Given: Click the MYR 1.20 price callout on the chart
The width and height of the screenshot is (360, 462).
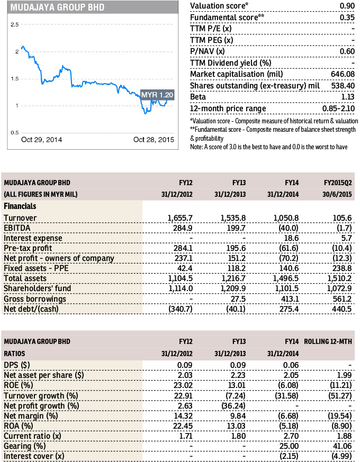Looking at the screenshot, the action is (x=157, y=95).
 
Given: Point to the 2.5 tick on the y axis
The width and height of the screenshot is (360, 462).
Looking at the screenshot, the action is (x=15, y=25).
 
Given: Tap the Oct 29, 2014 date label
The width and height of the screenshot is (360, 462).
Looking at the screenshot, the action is (x=42, y=140).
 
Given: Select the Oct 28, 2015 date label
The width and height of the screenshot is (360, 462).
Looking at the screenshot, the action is (x=154, y=140).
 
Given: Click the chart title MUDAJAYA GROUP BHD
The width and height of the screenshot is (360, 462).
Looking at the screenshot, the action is (x=58, y=7).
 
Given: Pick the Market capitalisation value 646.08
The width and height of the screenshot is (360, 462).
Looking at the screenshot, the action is (x=343, y=74).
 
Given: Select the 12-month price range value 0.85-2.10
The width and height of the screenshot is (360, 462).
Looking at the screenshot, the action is (x=338, y=108).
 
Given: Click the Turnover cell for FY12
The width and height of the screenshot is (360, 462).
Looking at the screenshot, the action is (x=180, y=218).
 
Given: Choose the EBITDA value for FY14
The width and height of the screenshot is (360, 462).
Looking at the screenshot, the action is (x=289, y=228).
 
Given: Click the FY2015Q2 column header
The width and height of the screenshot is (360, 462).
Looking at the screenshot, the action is (x=338, y=183).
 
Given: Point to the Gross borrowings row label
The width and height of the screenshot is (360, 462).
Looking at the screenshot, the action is (x=35, y=299).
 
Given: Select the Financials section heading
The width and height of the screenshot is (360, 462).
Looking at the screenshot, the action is (x=20, y=206).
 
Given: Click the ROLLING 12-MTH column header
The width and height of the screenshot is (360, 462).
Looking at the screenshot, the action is (x=328, y=342).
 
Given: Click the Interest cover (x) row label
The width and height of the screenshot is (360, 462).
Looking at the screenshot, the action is (x=34, y=456).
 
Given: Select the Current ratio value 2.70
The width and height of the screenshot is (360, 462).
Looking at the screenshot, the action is (x=291, y=436).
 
